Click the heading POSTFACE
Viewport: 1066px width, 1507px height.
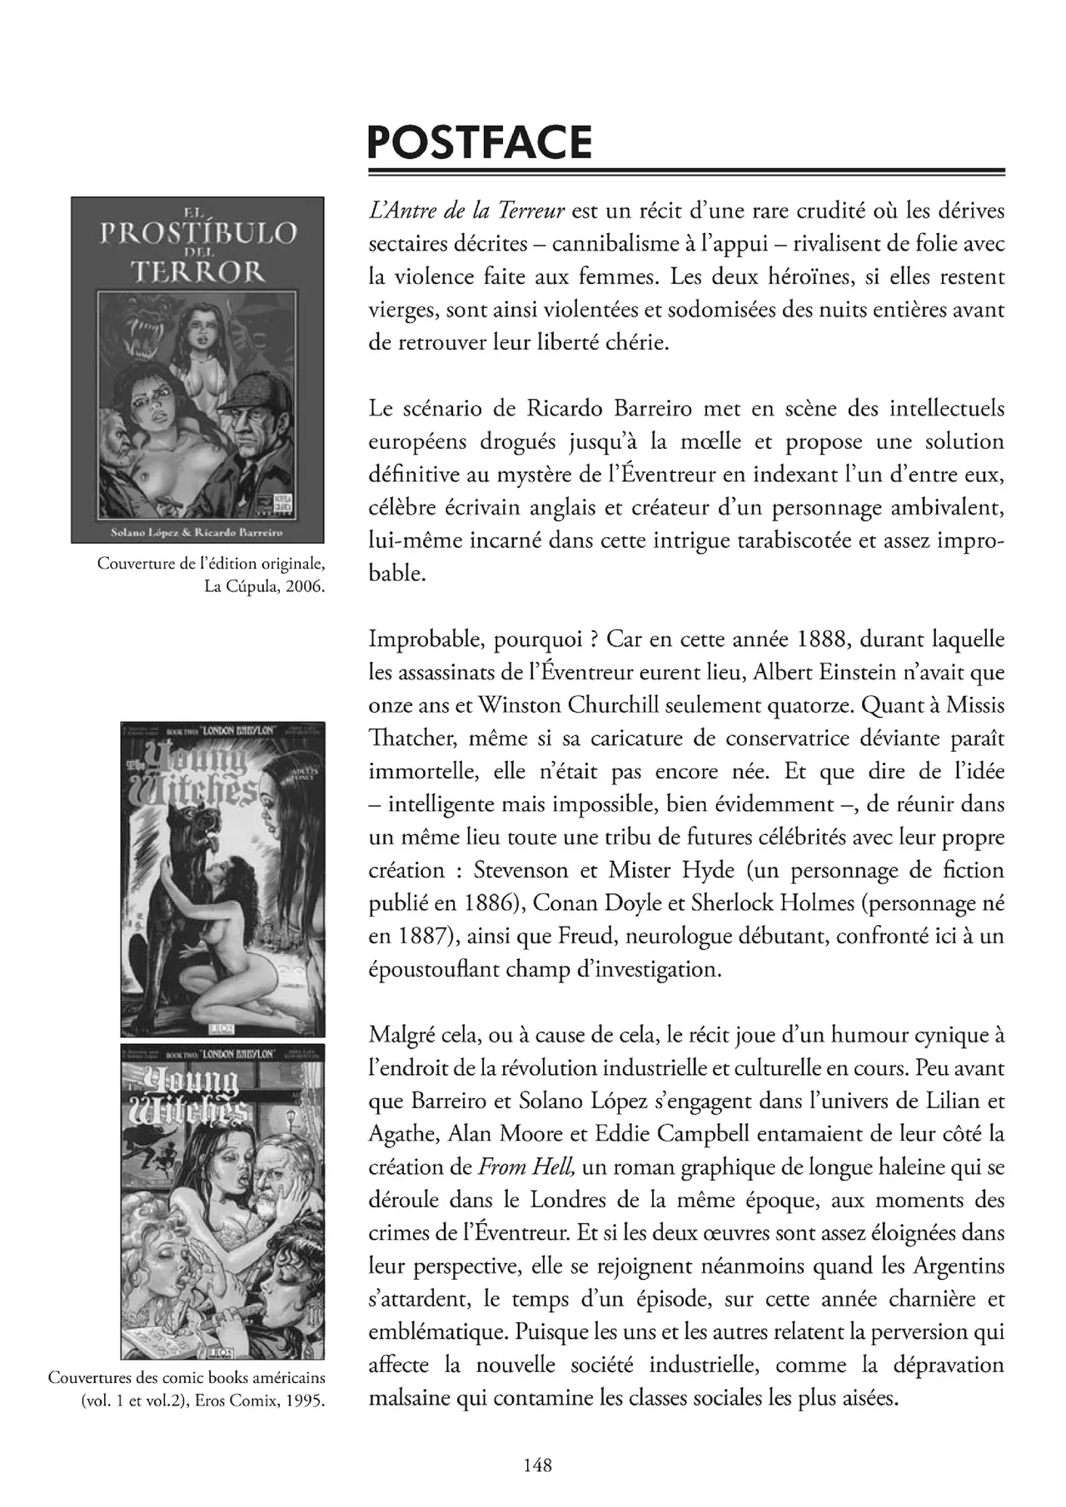[480, 142]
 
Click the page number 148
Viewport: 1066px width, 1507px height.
[537, 1465]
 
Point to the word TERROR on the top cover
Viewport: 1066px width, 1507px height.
[197, 271]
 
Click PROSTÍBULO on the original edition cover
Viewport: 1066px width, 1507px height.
[197, 233]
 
